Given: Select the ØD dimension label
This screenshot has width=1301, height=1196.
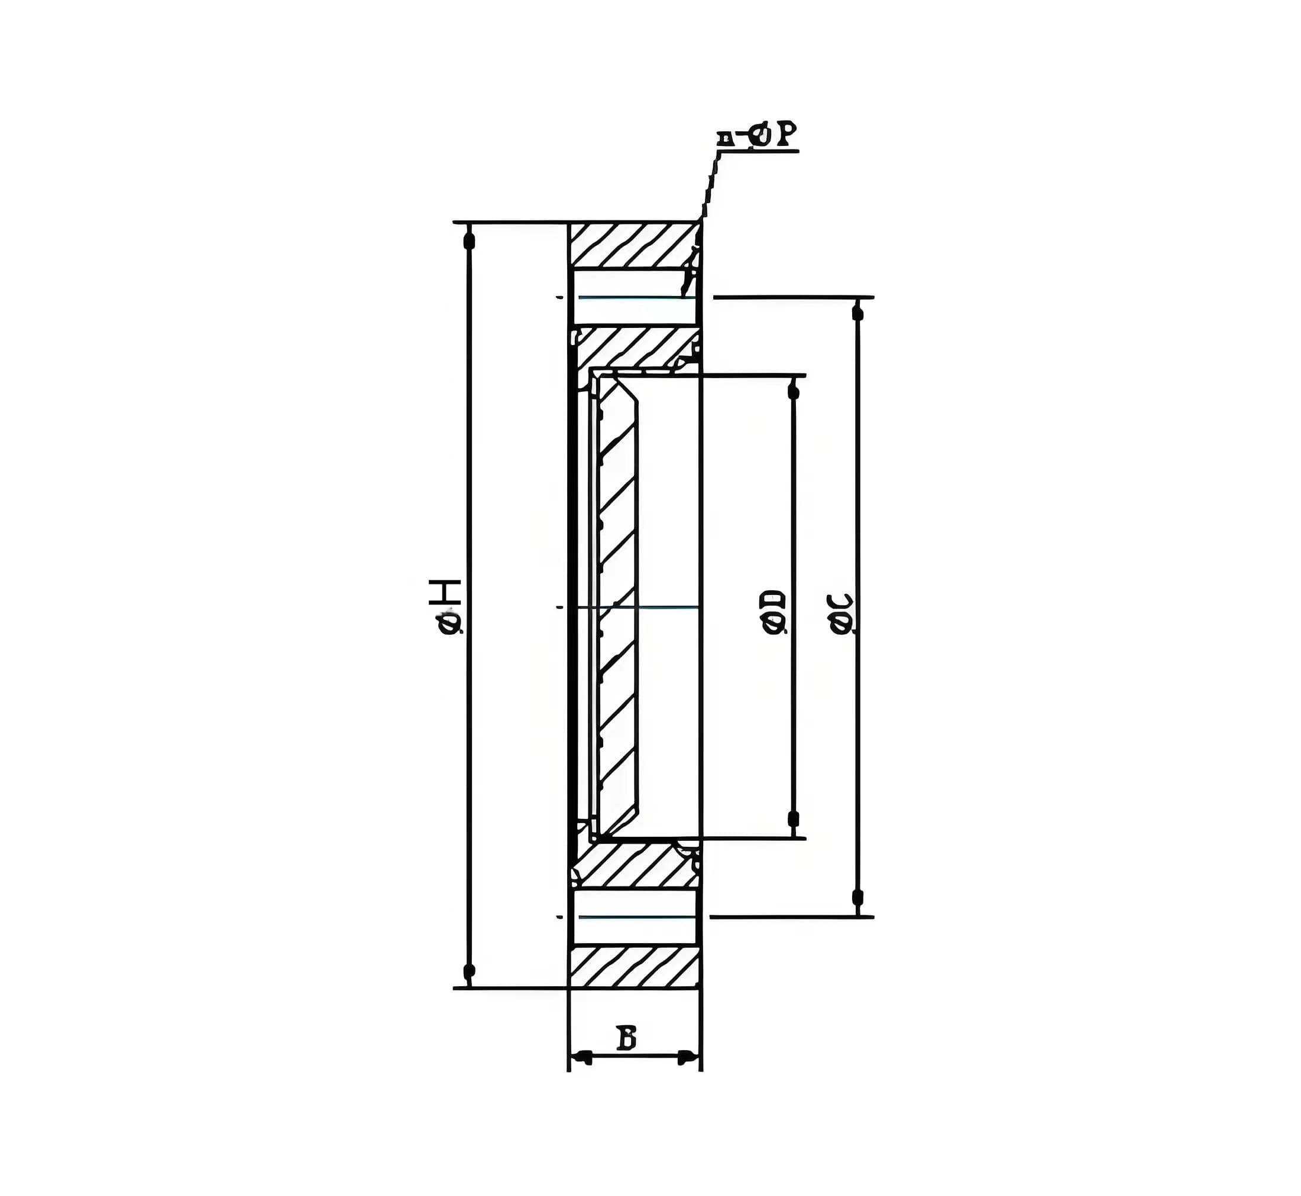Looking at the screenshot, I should click(x=775, y=611).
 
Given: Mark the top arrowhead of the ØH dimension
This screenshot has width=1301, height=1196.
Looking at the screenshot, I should click(x=470, y=240).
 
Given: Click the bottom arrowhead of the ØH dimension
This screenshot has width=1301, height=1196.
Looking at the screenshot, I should click(x=470, y=971).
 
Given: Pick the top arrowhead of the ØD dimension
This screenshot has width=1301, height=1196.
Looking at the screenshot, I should click(x=791, y=390).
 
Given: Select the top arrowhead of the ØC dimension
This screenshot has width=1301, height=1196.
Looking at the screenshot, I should click(x=858, y=313).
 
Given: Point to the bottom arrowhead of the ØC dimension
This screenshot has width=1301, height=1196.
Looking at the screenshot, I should click(x=858, y=897).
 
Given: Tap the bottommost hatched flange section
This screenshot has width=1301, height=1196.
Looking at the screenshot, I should click(x=633, y=967).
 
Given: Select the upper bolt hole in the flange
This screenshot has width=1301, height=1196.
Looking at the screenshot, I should click(x=633, y=297).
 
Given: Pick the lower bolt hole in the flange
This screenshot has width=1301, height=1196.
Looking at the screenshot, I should click(x=633, y=916).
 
